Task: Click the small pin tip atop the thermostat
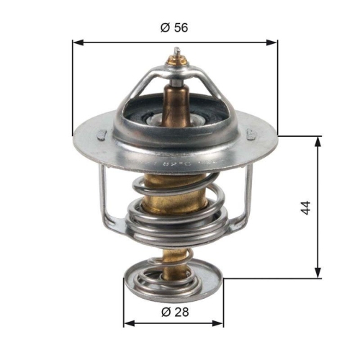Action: pos(176,52)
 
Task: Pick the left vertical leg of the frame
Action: pos(102,194)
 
